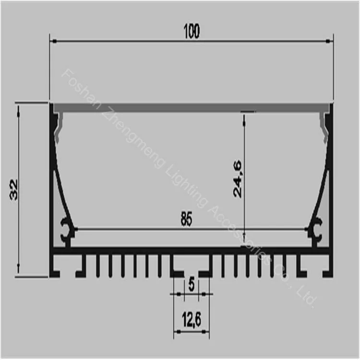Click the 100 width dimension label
click(191, 32)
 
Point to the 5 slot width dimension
click(192, 285)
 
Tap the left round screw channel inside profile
click(66, 230)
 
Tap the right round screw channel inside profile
click(317, 230)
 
